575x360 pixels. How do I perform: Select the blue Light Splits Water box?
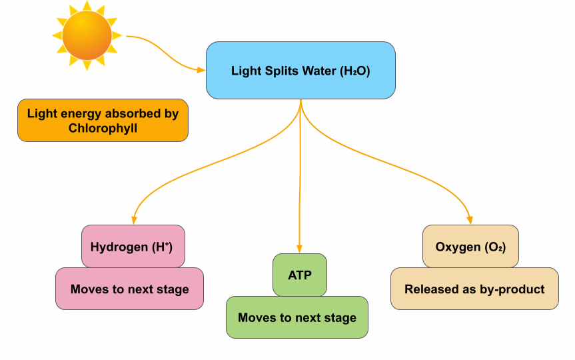click(300, 71)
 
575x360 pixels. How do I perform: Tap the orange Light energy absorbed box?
click(103, 121)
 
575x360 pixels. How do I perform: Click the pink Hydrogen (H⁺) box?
click(133, 246)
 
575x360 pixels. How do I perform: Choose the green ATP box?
click(299, 275)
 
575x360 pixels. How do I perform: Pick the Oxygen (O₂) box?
click(470, 246)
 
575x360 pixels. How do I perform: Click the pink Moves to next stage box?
click(129, 289)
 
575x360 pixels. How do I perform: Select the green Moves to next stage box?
click(296, 317)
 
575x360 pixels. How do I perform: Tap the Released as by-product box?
click(474, 289)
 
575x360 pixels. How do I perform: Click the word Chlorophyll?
click(103, 128)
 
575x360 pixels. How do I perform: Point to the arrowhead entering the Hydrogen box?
click(135, 219)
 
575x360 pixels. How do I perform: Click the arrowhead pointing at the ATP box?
click(299, 248)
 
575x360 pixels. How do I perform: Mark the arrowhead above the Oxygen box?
click(469, 219)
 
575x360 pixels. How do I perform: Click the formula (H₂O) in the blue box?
click(354, 71)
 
